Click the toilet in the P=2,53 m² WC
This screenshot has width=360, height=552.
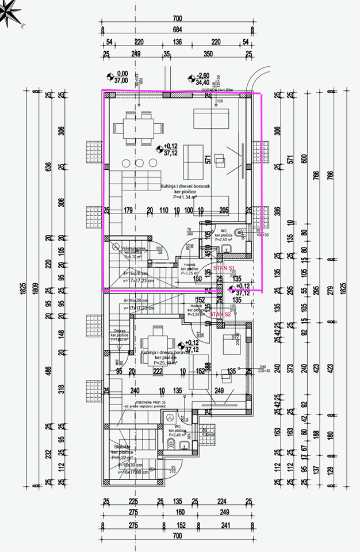click(240, 234)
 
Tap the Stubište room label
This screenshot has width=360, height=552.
click(122, 450)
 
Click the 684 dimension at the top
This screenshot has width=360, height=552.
click(177, 29)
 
